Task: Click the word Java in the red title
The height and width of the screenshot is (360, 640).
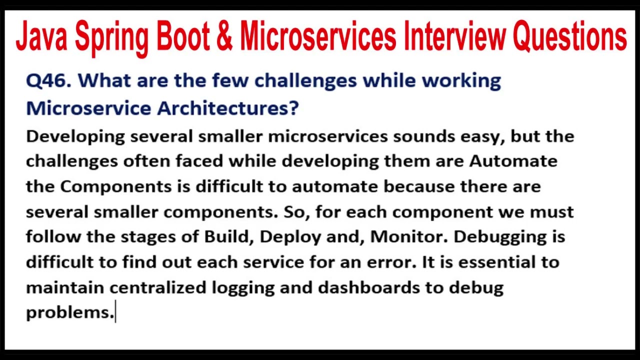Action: pyautogui.click(x=41, y=37)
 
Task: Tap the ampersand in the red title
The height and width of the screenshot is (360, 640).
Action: pyautogui.click(x=224, y=37)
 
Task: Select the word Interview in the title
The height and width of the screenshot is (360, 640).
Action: pyautogui.click(x=455, y=37)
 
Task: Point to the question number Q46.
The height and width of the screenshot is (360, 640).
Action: pyautogui.click(x=48, y=81)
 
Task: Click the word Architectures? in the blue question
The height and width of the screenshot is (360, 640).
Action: pyautogui.click(x=228, y=108)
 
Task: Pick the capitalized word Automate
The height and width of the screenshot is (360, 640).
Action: pyautogui.click(x=513, y=161)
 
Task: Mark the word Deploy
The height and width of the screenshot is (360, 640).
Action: pyautogui.click(x=290, y=237)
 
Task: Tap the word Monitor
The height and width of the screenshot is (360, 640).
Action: pyautogui.click(x=408, y=236)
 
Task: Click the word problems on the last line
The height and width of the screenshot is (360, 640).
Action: pyautogui.click(x=69, y=313)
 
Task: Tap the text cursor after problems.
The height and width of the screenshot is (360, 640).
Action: pyautogui.click(x=116, y=312)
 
